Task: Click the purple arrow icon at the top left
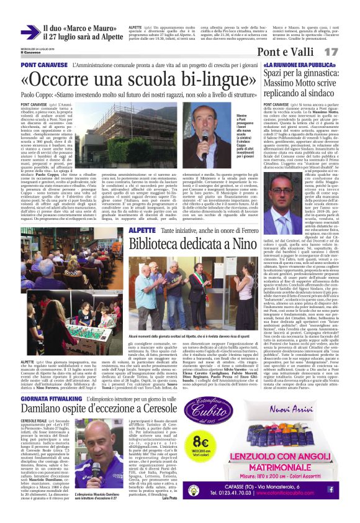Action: tap(30, 32)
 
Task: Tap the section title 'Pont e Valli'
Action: tap(290, 52)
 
